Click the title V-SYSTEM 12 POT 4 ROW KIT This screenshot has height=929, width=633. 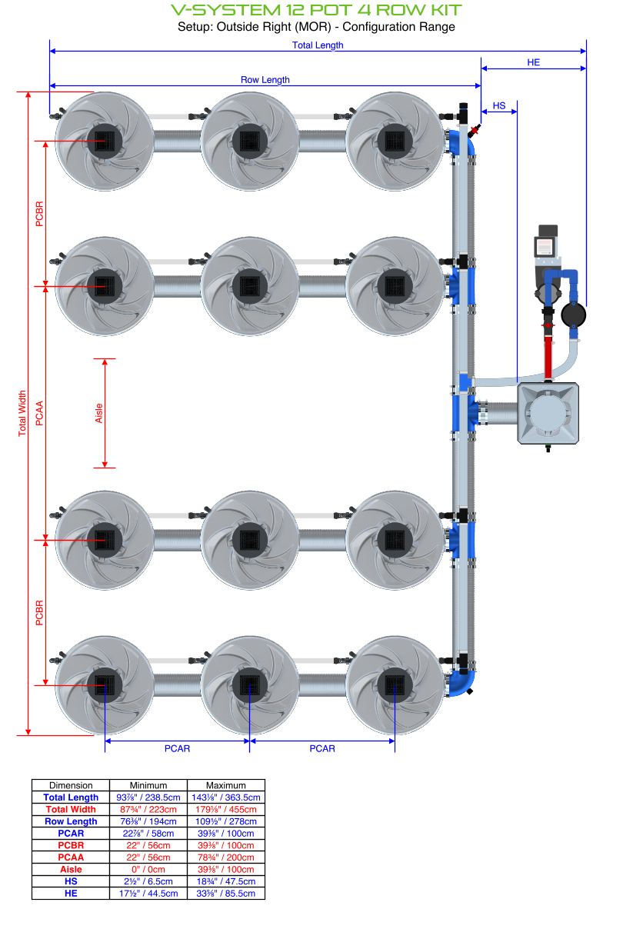click(x=316, y=10)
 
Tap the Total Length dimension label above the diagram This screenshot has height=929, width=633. click(x=318, y=45)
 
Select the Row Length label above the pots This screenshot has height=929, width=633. click(x=265, y=80)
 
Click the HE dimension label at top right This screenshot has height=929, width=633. click(x=533, y=62)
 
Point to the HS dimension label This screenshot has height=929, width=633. click(x=499, y=105)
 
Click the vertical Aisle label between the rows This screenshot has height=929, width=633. click(x=98, y=413)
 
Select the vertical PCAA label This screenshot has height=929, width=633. click(x=39, y=413)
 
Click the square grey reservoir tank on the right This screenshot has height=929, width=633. click(x=548, y=413)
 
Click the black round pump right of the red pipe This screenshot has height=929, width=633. click(x=573, y=315)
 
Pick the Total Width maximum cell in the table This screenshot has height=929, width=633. click(x=226, y=809)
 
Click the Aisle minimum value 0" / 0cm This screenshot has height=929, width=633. click(x=148, y=869)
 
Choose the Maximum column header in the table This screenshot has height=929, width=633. click(x=226, y=785)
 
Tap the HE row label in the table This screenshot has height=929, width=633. click(x=71, y=893)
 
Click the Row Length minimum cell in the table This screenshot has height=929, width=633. click(x=148, y=821)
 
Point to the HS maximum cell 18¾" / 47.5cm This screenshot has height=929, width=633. click(x=226, y=881)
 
